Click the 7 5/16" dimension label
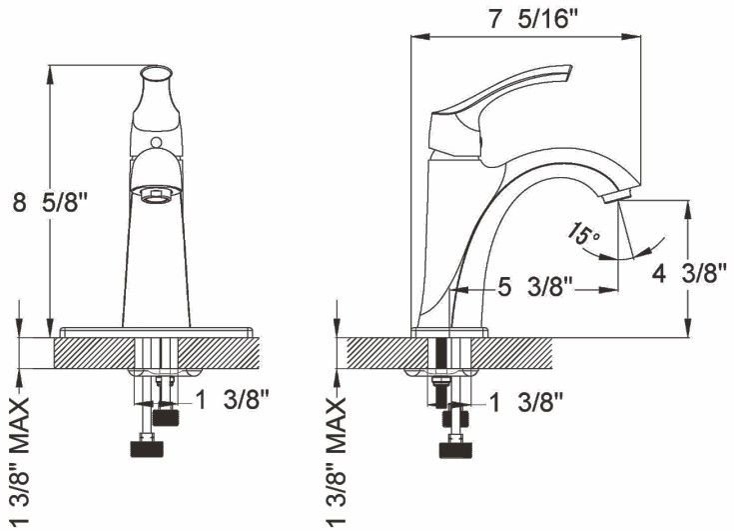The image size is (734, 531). (533, 19)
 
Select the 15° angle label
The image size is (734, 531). (583, 232)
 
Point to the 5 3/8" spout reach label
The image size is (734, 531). (535, 287)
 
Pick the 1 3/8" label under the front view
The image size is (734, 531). (232, 400)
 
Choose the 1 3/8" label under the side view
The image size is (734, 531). (526, 402)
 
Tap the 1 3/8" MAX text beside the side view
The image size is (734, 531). (336, 461)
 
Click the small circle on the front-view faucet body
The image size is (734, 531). (157, 142)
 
